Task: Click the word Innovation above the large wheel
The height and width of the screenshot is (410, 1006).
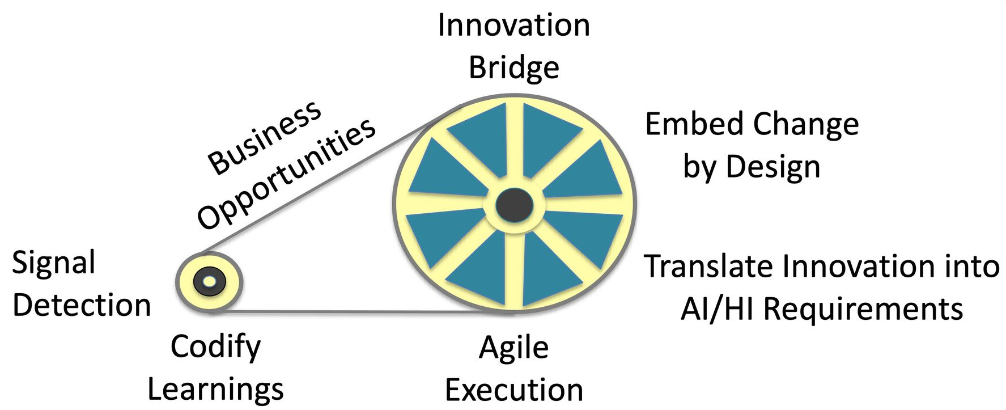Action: click(513, 26)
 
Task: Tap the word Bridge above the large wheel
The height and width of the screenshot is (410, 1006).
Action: click(513, 67)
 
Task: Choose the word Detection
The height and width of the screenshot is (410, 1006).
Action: click(82, 306)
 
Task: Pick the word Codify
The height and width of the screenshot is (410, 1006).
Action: click(215, 346)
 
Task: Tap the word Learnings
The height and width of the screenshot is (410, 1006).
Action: click(215, 389)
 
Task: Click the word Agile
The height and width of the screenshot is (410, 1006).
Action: click(513, 348)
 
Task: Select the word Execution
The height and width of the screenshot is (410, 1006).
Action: click(513, 390)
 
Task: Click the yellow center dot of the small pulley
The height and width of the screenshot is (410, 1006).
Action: click(209, 281)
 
